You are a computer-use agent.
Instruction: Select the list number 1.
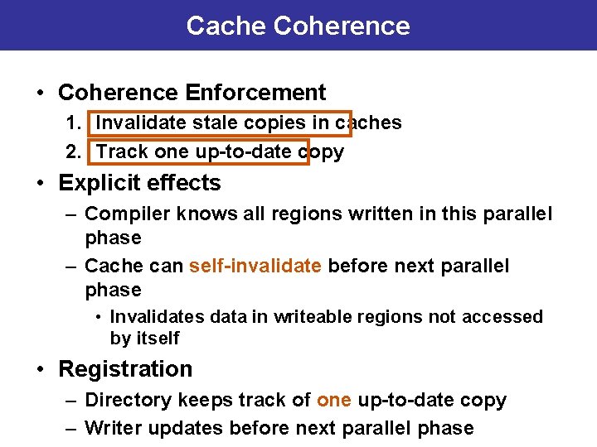coord(73,123)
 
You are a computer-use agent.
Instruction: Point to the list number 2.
coord(73,152)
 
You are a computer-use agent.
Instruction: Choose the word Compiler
coord(126,214)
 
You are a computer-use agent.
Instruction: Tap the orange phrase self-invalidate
coord(255,267)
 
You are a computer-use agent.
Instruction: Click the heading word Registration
coord(125,369)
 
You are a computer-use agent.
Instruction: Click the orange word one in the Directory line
coord(334,401)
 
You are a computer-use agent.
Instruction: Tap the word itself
coord(158,339)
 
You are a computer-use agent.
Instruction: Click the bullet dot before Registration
coord(41,369)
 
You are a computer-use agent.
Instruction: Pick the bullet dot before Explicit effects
coord(41,183)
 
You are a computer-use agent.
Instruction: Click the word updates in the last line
coord(183,429)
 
